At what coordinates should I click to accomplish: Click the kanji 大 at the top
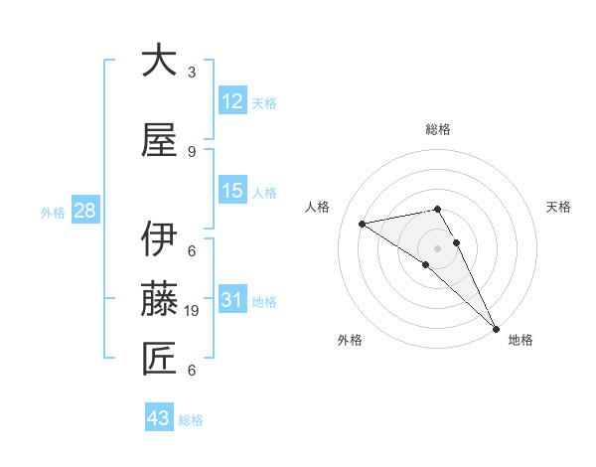pos(160,62)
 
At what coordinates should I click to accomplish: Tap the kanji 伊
pos(160,240)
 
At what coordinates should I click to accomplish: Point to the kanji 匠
pos(160,359)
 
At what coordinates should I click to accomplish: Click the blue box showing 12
pos(232,101)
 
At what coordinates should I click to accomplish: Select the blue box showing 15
pos(232,191)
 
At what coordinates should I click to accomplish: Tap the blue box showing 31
pos(232,300)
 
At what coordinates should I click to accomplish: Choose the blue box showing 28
pos(83,211)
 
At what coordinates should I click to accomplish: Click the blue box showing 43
pos(159,418)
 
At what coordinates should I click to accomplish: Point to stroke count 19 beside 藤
pos(192,311)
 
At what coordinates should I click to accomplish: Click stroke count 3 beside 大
pos(192,72)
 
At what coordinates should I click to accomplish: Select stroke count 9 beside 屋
pos(192,152)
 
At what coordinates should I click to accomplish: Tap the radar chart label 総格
pos(438,129)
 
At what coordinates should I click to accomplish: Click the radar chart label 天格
pos(559,207)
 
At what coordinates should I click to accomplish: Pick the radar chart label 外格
pos(350,340)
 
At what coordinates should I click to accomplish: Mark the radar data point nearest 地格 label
pos(495,327)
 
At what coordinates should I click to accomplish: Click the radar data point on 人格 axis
pos(363,224)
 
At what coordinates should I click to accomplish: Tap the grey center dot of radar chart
pos(437,247)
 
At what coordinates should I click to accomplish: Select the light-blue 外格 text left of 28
pos(52,212)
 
